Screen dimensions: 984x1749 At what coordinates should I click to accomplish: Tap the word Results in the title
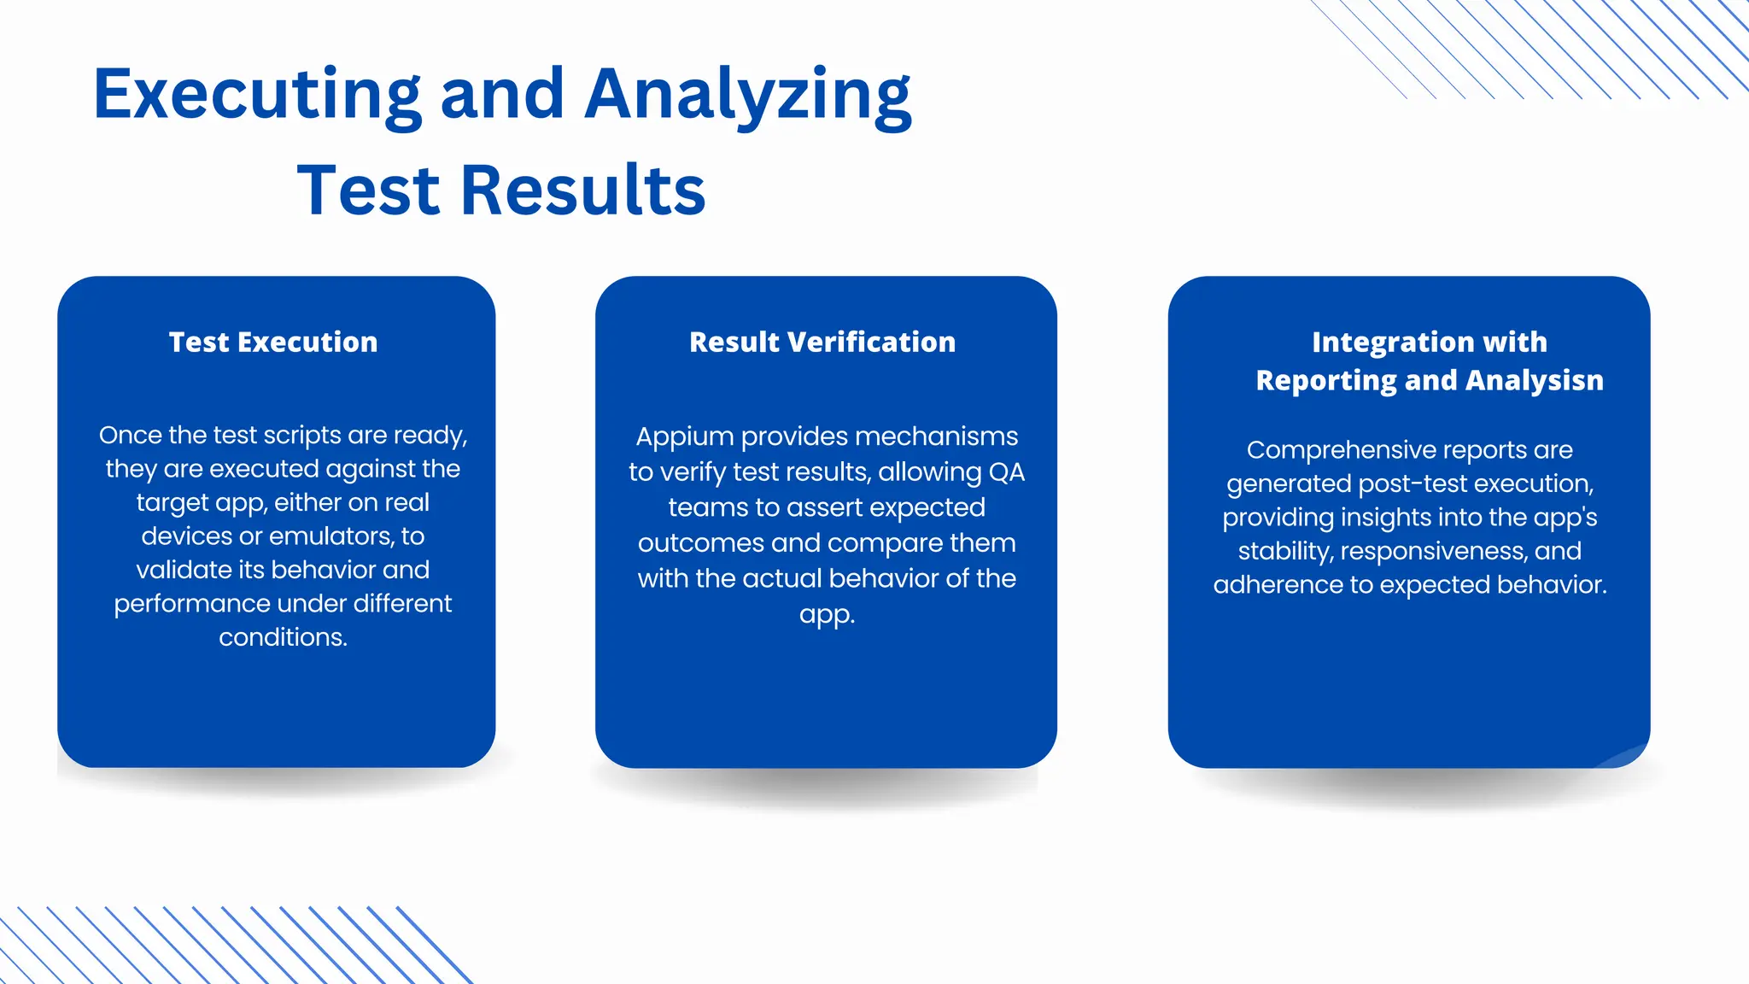pyautogui.click(x=583, y=190)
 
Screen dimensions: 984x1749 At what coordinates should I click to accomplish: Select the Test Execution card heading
pyautogui.click(x=273, y=342)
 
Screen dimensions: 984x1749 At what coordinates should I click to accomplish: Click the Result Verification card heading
pyautogui.click(x=822, y=342)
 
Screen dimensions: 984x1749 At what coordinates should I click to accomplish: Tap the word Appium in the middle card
pyautogui.click(x=684, y=437)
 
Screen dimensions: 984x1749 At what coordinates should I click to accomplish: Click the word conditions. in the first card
pyautogui.click(x=283, y=637)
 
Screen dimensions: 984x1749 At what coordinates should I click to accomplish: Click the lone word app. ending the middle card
pyautogui.click(x=827, y=614)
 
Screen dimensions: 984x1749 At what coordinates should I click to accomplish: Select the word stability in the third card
pyautogui.click(x=1284, y=551)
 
